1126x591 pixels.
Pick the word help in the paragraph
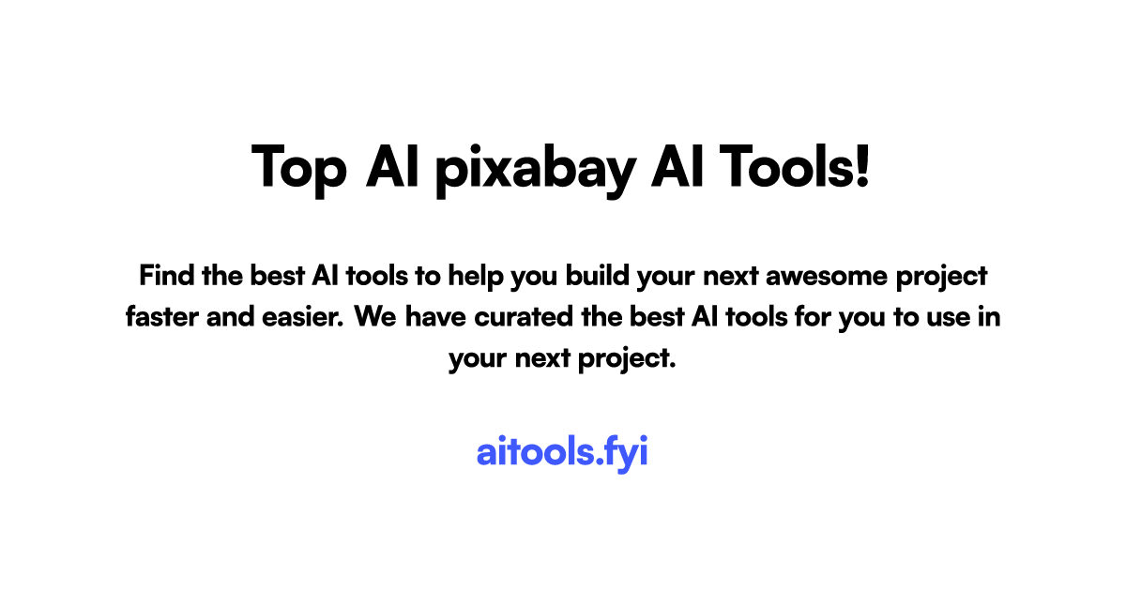pyautogui.click(x=476, y=277)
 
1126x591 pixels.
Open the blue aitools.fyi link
pyautogui.click(x=562, y=452)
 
